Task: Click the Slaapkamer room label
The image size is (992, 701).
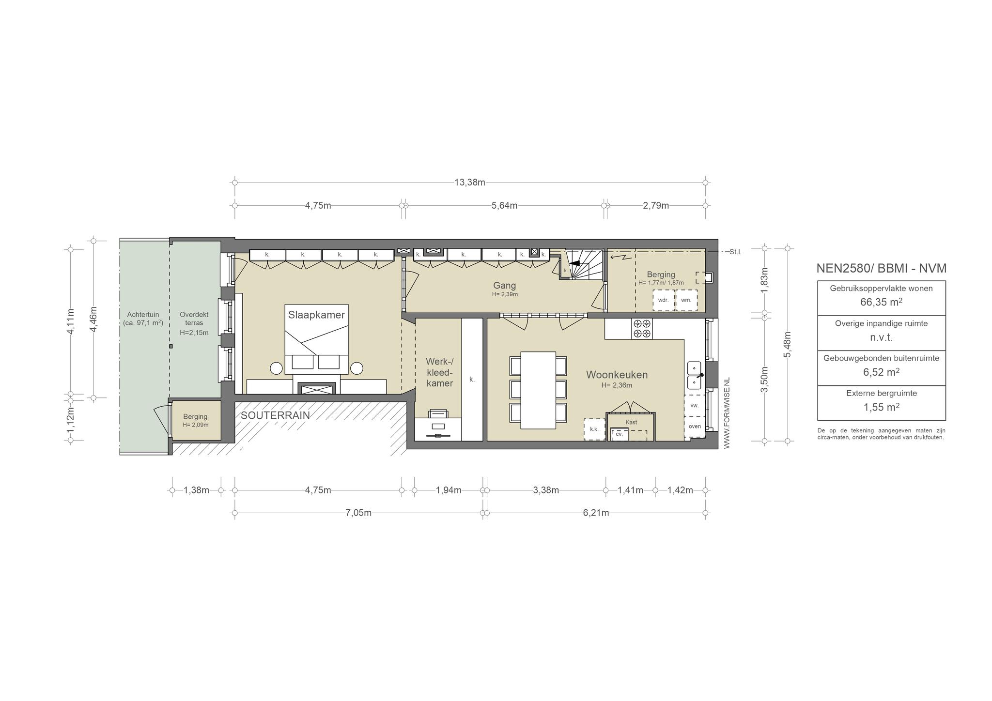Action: tap(316, 315)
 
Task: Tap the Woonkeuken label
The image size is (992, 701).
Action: tap(617, 375)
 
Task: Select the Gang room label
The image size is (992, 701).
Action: tap(505, 286)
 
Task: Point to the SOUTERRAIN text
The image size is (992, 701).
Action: tap(275, 415)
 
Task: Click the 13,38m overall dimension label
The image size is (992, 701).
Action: tap(470, 183)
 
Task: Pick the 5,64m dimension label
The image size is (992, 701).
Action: tap(505, 206)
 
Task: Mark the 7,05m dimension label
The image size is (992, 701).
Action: tap(359, 513)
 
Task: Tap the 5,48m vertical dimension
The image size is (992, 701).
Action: tap(788, 345)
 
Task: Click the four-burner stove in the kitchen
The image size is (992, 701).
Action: tap(642, 329)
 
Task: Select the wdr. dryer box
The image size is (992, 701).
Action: tap(663, 300)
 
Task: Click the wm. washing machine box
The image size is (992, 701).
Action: tap(686, 300)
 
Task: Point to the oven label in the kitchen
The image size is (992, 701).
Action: tap(695, 427)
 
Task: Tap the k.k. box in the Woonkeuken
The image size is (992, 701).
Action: tap(594, 429)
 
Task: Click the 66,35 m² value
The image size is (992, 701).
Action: tap(882, 302)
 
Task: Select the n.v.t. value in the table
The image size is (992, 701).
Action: tap(882, 337)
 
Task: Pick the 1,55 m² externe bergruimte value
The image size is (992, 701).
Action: tap(882, 407)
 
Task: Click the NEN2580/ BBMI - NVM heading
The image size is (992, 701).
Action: tap(882, 268)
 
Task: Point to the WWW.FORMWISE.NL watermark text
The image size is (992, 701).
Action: tap(727, 413)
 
